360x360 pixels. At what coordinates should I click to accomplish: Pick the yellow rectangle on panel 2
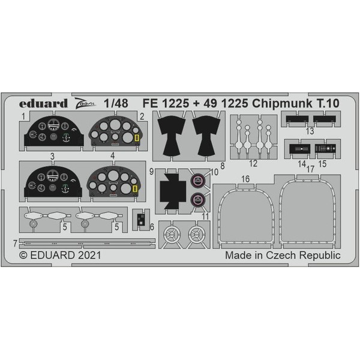coord(137,140)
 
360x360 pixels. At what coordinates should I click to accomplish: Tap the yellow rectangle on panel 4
coord(135,191)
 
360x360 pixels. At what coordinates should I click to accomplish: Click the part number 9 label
coord(152,172)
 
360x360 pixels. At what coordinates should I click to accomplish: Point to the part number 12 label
coord(254,163)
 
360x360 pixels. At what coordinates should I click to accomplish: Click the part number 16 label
coord(245,178)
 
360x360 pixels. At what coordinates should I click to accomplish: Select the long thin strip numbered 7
coord(84,241)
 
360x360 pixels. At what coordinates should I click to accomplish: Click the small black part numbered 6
coord(139,218)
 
